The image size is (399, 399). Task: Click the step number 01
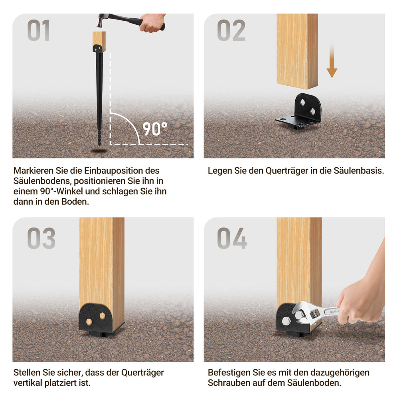(x=38, y=30)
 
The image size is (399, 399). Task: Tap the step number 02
(x=231, y=30)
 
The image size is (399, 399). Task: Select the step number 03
(x=41, y=238)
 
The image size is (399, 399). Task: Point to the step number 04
(x=232, y=238)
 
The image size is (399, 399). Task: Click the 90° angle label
(x=155, y=129)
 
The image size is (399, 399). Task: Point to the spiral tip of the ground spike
(x=99, y=137)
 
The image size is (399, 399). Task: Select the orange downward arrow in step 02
(x=332, y=61)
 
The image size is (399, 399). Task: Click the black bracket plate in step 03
(x=96, y=318)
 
